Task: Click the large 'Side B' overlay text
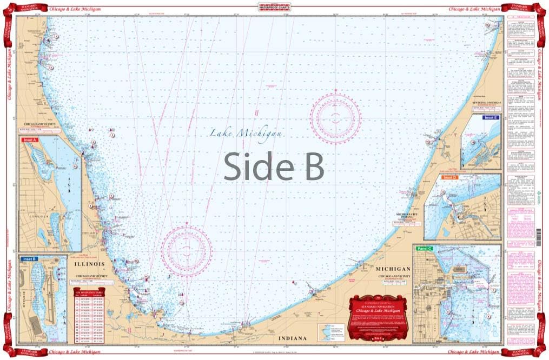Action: click(274, 166)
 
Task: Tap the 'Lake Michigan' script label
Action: click(254, 133)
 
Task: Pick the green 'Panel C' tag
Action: click(426, 248)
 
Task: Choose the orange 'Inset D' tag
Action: click(449, 177)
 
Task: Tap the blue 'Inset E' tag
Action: click(490, 117)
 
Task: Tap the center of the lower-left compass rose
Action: click(187, 248)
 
